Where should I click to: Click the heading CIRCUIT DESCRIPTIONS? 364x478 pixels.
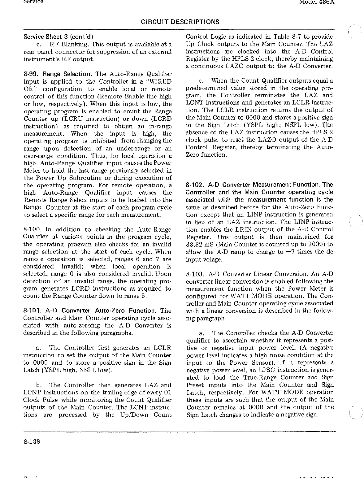(180, 22)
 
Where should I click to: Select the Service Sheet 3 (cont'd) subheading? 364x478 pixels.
(58, 37)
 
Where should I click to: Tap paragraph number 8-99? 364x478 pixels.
(31, 74)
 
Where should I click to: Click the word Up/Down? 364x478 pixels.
(133, 415)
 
